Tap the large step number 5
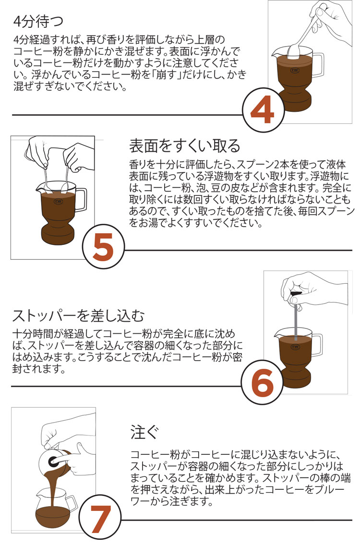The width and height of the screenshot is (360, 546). [x=103, y=247]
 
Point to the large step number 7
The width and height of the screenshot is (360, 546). [x=101, y=519]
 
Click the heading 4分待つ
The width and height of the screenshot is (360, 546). [x=38, y=21]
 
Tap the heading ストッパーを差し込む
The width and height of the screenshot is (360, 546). [x=78, y=316]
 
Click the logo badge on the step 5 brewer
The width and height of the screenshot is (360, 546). [x=58, y=201]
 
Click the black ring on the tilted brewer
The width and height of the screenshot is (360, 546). [x=53, y=461]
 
